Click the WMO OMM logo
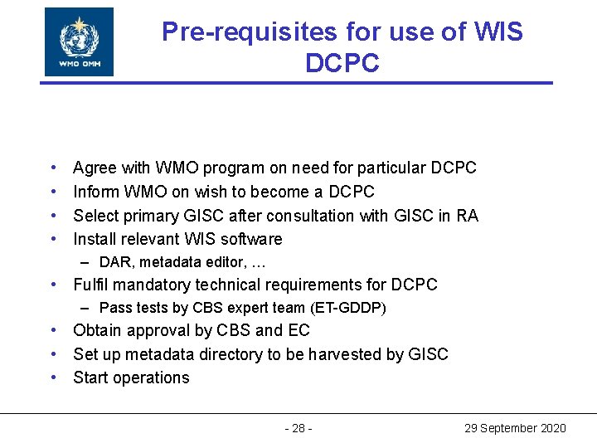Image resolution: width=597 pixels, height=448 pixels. [79, 41]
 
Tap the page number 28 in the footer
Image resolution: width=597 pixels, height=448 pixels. [298, 428]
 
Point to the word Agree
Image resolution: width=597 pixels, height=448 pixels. [95, 168]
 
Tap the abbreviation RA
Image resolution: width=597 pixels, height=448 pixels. [468, 216]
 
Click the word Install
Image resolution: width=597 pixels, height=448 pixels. [95, 239]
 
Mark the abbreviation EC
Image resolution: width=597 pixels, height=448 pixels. [298, 330]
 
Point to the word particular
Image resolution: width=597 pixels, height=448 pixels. [390, 168]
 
